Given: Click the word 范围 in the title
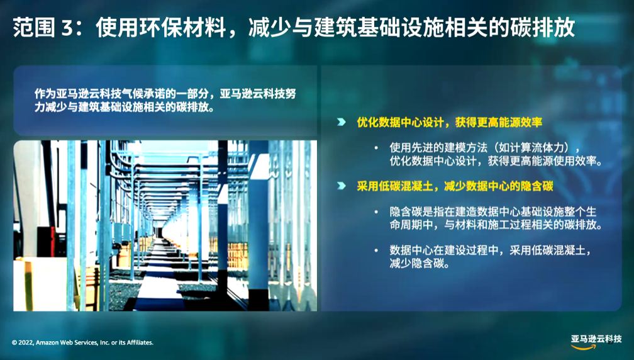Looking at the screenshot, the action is click(x=33, y=28).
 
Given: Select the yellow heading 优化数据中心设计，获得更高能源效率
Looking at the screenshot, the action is click(x=449, y=122).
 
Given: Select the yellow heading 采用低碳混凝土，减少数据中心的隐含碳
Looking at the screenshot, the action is click(x=455, y=186).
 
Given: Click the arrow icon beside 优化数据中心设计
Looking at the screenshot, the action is click(x=342, y=122).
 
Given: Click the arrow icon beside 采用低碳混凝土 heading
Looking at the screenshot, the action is click(x=342, y=186).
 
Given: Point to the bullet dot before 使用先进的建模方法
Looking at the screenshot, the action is click(x=376, y=148).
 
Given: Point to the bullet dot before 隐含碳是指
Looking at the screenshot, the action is click(x=376, y=212).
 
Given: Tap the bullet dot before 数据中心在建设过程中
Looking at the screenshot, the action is click(x=376, y=250).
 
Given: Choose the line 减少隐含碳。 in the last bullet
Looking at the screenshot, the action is click(x=420, y=264).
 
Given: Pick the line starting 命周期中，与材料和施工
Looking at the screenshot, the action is click(x=496, y=225).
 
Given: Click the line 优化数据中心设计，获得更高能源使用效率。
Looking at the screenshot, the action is click(x=496, y=161).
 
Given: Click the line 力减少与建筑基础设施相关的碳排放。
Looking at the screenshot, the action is click(x=124, y=108).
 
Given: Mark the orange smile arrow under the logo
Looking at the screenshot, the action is click(x=584, y=347).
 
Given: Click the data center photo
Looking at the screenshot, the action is click(x=165, y=226).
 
